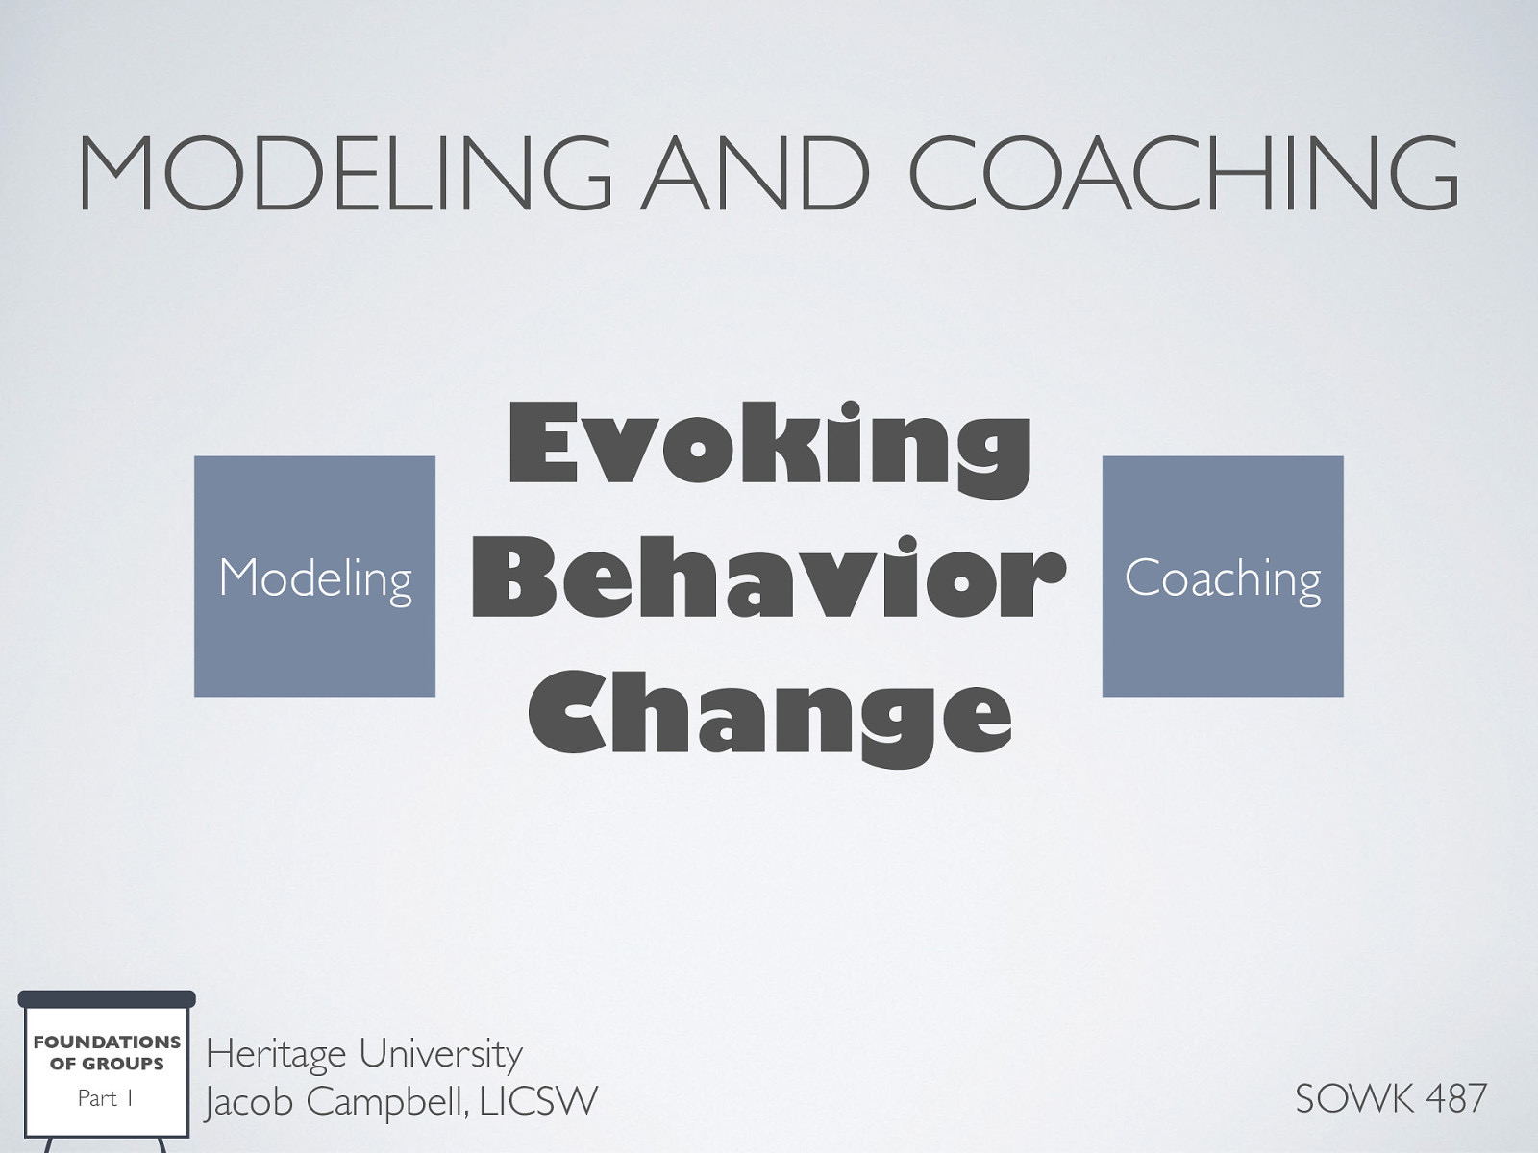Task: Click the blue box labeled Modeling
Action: (x=314, y=576)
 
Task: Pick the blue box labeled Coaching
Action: (x=1222, y=576)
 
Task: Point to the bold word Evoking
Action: (x=769, y=445)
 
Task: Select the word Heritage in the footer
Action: (x=276, y=1055)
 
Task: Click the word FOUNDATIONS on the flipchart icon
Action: (x=107, y=1042)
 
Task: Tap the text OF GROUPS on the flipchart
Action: (x=107, y=1064)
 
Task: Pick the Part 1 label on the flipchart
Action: (x=105, y=1098)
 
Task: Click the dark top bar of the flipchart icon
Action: (x=107, y=999)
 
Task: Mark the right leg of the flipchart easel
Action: (x=161, y=1145)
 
